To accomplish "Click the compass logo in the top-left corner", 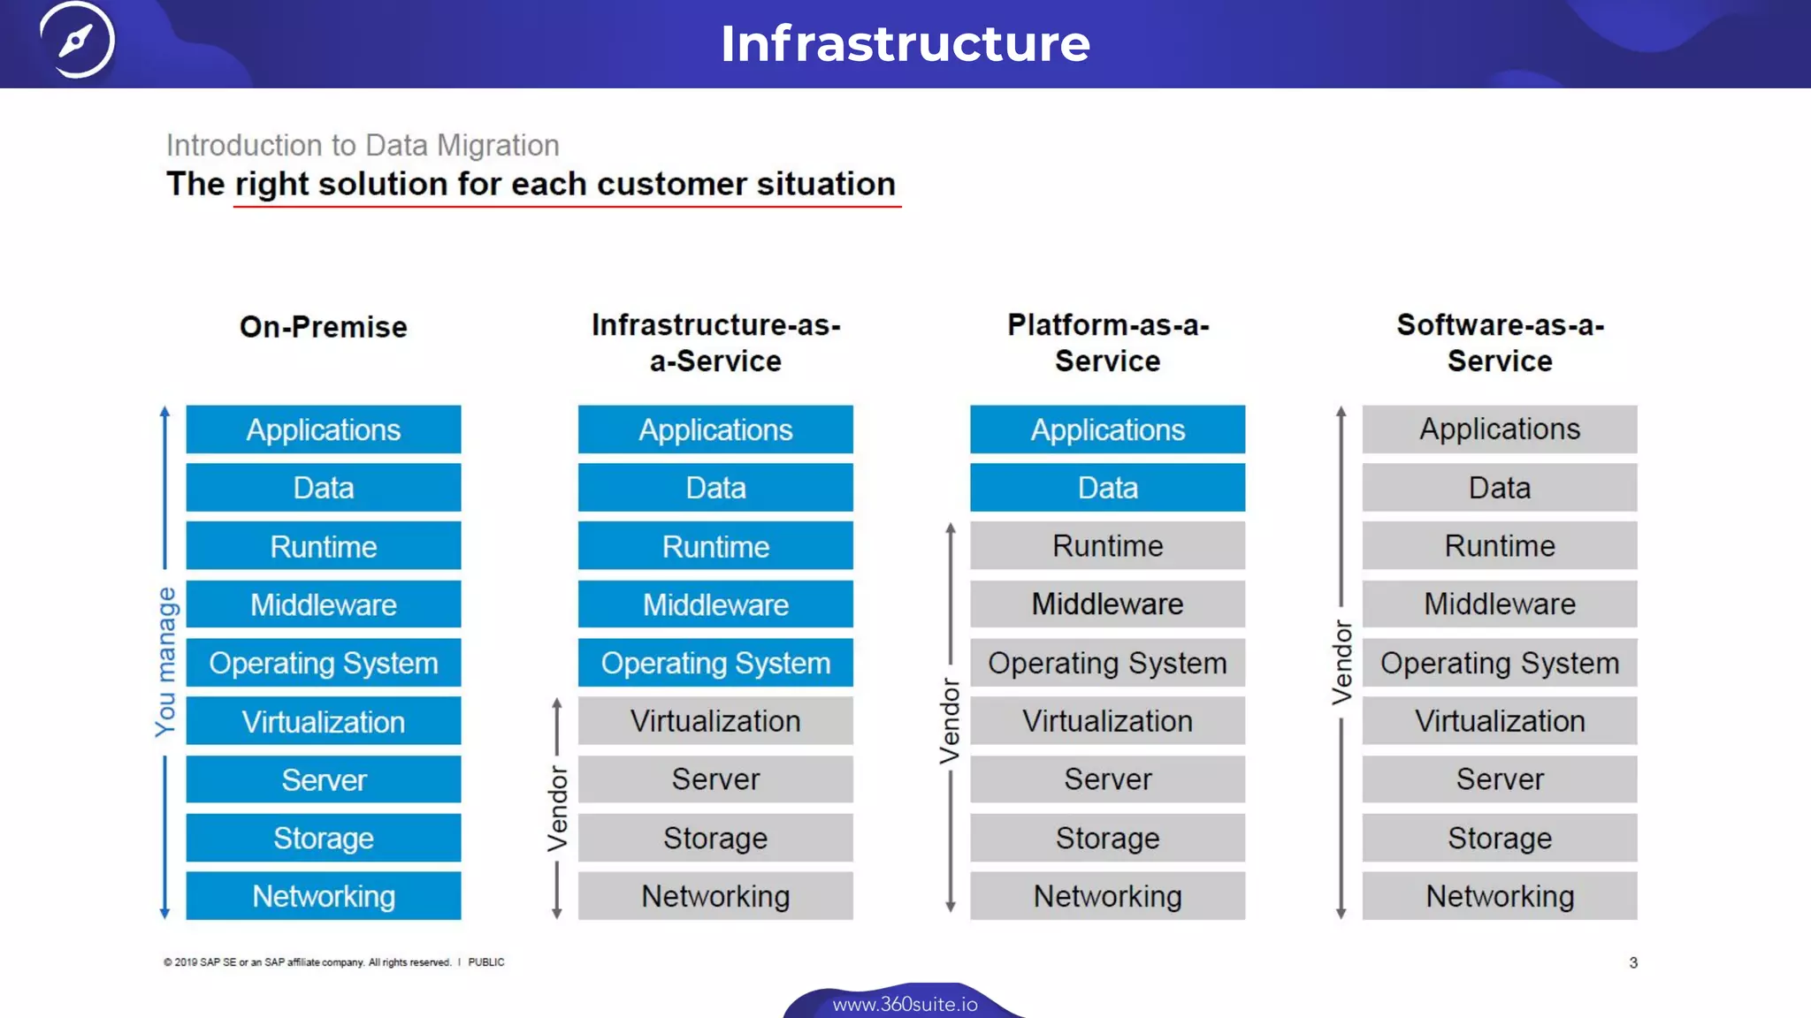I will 77,40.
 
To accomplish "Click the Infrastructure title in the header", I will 905,43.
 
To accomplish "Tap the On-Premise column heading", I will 324,327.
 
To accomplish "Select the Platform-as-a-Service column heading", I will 1108,343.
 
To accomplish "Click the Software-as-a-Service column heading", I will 1500,343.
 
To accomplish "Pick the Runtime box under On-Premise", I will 324,546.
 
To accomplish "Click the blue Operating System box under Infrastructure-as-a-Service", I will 715,663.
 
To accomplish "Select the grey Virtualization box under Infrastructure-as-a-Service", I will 715,721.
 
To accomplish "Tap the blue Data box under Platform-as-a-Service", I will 1108,488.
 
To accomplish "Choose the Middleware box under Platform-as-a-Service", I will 1108,604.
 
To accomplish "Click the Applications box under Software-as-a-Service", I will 1500,429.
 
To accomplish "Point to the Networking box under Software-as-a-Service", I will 1500,896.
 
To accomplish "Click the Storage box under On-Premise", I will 324,838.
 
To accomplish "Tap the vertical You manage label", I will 166,662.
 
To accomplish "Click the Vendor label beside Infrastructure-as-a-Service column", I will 557,809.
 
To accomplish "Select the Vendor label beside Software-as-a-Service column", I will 1342,663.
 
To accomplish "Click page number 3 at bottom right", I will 1633,962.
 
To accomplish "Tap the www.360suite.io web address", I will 905,1005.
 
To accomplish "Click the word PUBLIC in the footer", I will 486,962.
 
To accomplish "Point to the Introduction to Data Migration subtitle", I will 363,145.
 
